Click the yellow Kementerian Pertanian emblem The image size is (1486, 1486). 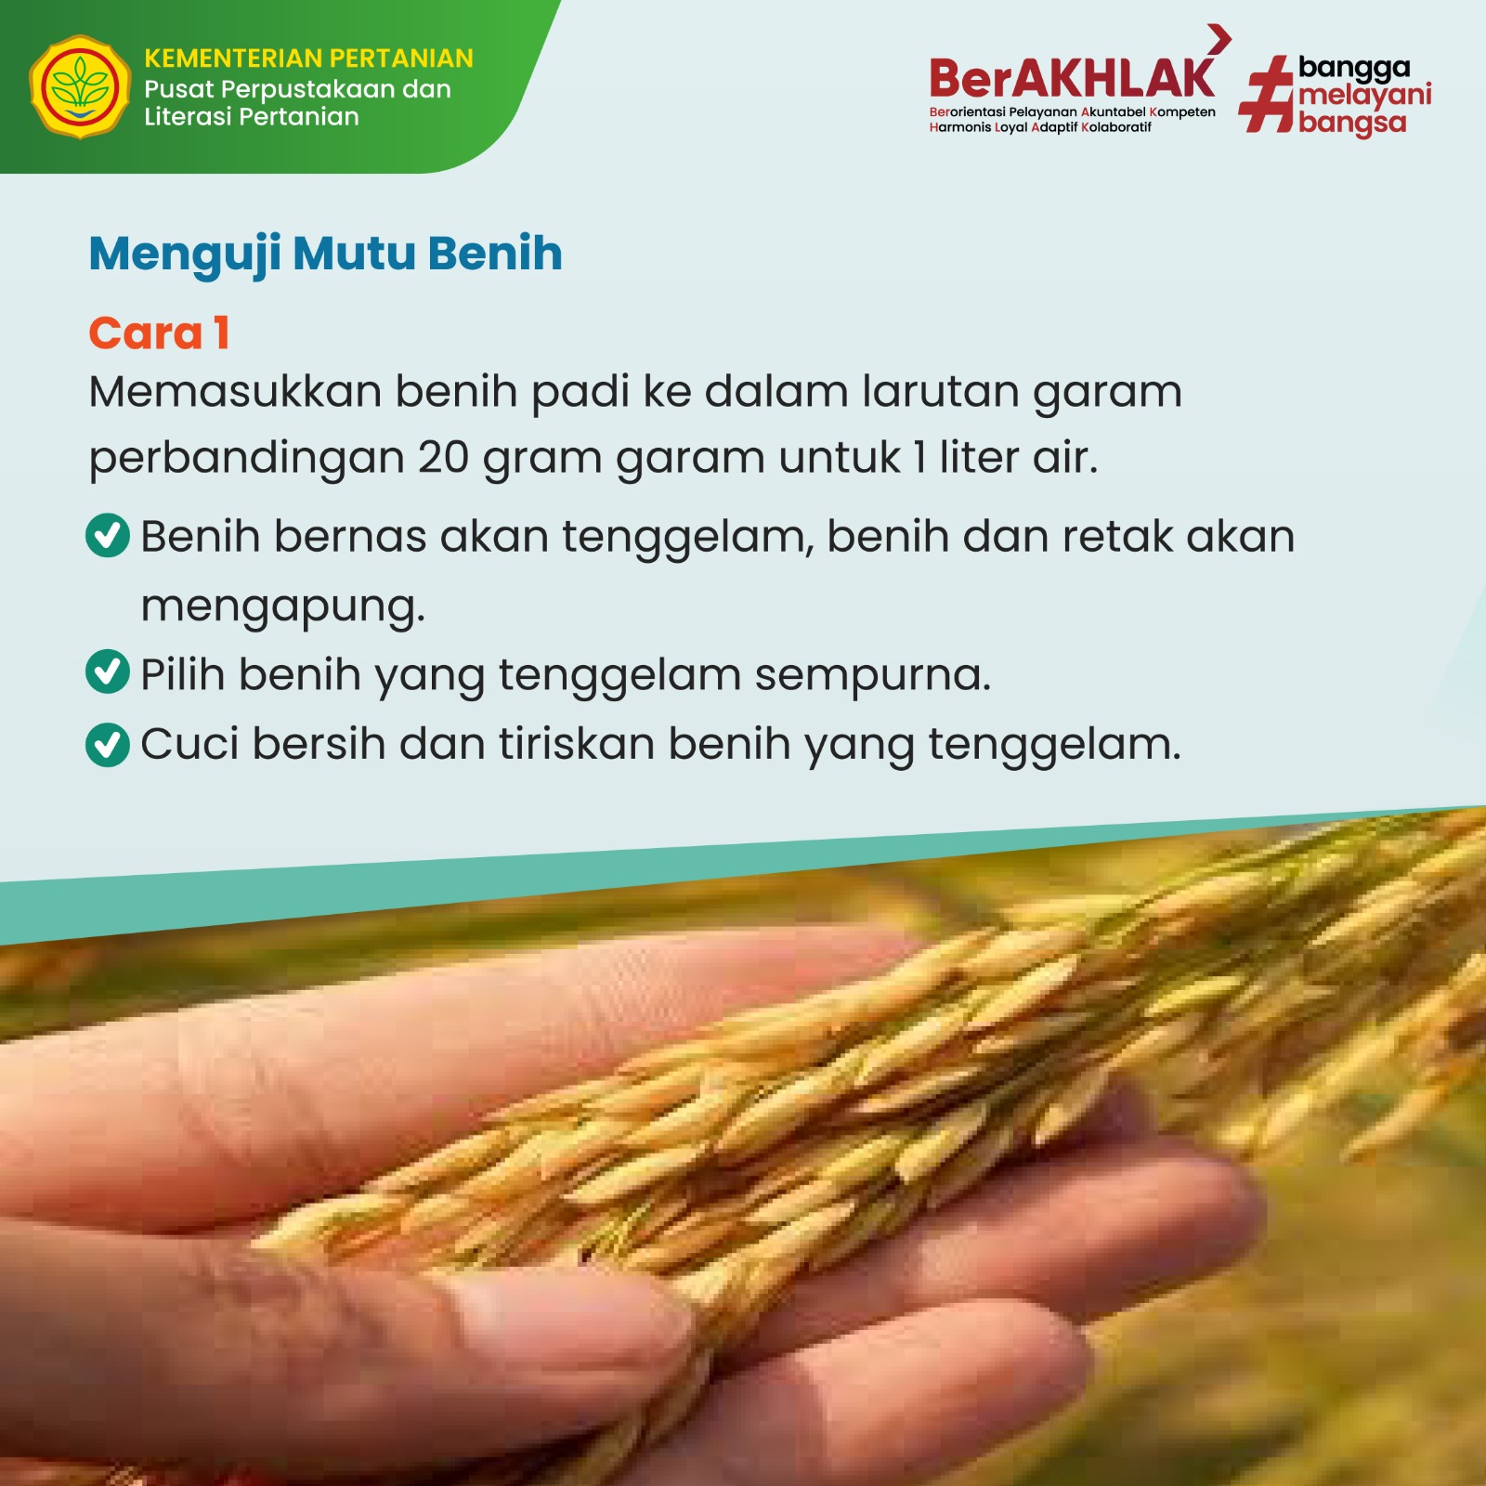point(80,87)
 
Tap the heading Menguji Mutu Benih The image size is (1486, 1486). point(326,254)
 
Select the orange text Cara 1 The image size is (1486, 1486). point(159,333)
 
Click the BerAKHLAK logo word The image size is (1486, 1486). point(1072,78)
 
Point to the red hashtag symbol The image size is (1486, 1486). point(1267,94)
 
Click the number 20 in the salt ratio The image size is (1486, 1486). point(443,458)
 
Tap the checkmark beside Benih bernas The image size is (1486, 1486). point(108,536)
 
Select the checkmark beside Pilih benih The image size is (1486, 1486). point(108,671)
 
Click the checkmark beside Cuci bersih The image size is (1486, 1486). point(108,745)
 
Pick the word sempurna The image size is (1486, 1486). point(872,676)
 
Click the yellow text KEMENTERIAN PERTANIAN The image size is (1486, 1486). point(309,59)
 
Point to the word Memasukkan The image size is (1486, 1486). point(236,391)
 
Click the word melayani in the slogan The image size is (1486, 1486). point(1365,96)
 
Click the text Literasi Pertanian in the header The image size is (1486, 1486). point(252,117)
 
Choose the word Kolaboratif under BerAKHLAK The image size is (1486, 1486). point(1116,127)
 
